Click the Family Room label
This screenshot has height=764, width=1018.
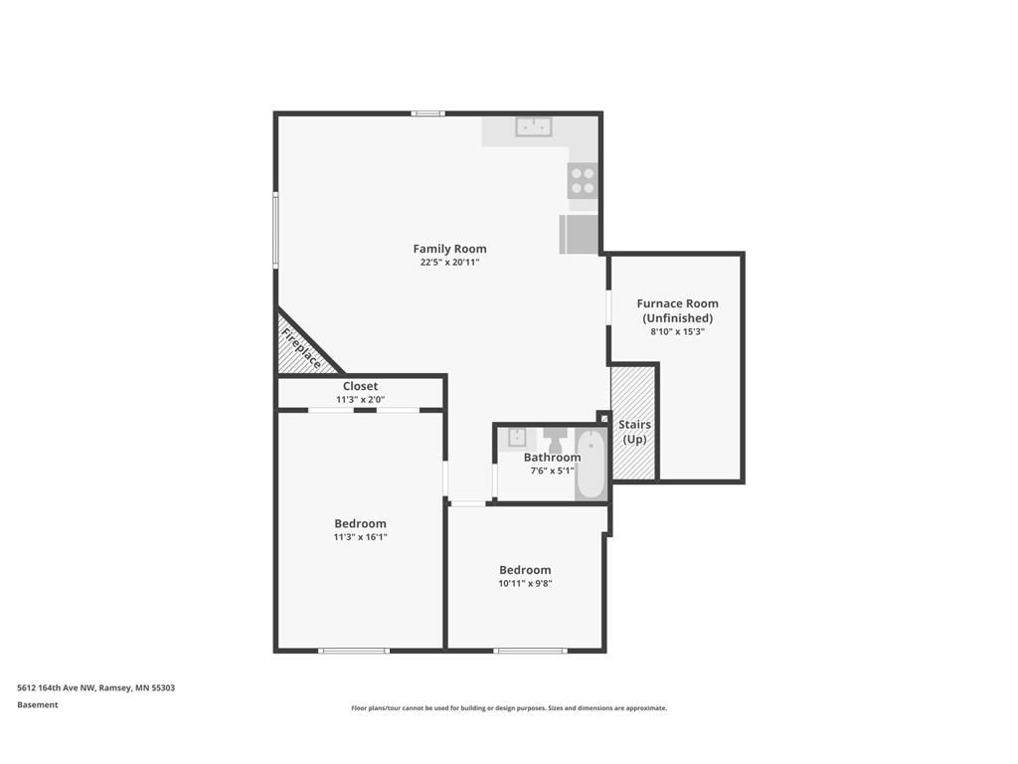(x=449, y=249)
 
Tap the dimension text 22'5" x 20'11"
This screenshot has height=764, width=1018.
(x=449, y=263)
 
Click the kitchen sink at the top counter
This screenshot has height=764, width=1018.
(x=534, y=126)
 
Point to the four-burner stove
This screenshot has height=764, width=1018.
(x=583, y=180)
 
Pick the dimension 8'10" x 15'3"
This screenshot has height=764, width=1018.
(x=677, y=332)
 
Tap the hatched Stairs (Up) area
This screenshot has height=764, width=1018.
(x=634, y=424)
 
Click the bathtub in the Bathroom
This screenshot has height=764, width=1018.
(x=591, y=464)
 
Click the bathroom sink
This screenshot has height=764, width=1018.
(x=517, y=437)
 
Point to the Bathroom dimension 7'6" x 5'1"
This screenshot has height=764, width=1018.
(x=552, y=471)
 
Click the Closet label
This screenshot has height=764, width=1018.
(x=360, y=386)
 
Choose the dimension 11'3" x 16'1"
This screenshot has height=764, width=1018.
(x=360, y=537)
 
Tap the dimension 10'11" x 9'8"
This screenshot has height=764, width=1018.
(x=525, y=584)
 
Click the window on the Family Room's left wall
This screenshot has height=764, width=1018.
(x=275, y=230)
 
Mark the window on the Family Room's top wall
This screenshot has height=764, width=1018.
(x=428, y=113)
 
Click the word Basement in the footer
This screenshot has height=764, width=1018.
(x=38, y=705)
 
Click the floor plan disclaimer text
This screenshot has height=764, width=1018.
(x=508, y=708)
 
